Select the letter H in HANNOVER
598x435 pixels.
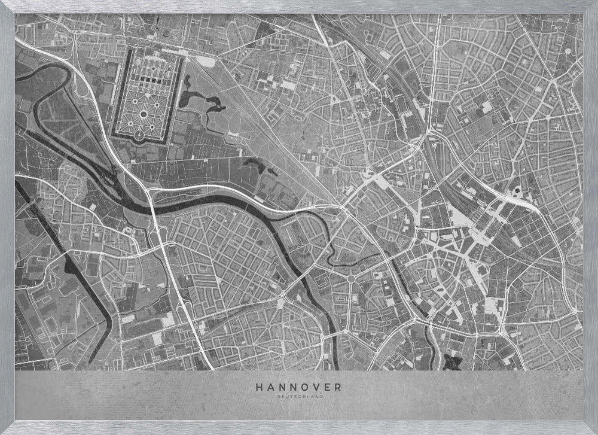point(259,387)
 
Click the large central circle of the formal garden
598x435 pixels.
point(144,114)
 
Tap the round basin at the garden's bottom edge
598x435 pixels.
point(140,137)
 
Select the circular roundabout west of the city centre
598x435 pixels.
point(351,278)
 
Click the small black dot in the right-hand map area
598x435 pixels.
point(516,191)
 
